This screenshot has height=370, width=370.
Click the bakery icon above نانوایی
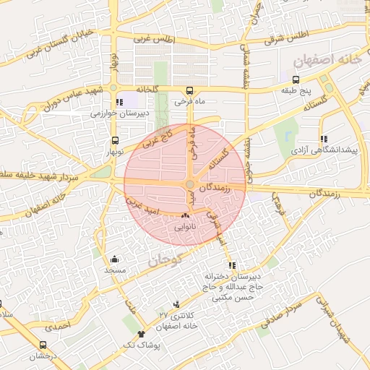(x=186, y=215)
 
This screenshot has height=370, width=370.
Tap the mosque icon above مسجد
(x=114, y=259)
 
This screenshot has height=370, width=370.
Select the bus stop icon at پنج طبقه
(x=296, y=79)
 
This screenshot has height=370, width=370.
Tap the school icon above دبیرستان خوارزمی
(x=119, y=102)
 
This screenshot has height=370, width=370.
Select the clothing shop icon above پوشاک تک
(x=141, y=334)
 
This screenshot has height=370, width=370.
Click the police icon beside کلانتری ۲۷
(x=177, y=304)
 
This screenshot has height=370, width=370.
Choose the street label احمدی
(x=59, y=326)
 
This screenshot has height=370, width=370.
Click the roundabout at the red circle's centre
(x=189, y=185)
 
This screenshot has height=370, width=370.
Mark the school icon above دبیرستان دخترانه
(x=231, y=265)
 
